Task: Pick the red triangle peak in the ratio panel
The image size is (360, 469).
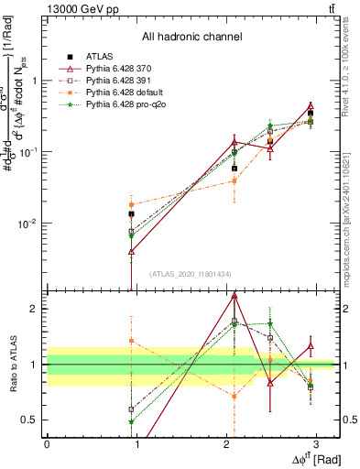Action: [x=235, y=296]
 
